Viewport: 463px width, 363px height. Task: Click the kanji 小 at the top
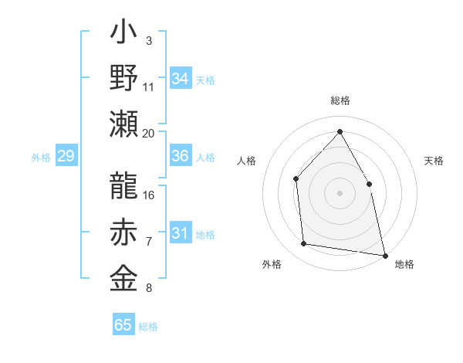[x=124, y=36]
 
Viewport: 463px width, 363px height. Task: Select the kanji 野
[x=124, y=78]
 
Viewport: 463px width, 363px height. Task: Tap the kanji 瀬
[x=124, y=124]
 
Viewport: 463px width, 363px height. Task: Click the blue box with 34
[x=181, y=79]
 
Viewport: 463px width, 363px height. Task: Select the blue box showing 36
[x=181, y=156]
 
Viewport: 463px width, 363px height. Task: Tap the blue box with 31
[x=181, y=234]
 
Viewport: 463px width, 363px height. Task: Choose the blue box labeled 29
[x=66, y=157]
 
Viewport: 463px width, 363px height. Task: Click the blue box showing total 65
[x=123, y=325]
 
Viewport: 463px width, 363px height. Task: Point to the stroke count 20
[x=149, y=133]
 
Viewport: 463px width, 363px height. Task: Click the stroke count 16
[x=149, y=195]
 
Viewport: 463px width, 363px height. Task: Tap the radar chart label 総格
[x=340, y=101]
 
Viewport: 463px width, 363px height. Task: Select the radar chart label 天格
[x=434, y=161]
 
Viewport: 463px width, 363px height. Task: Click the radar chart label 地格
[x=404, y=264]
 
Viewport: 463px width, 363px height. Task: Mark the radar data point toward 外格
[x=304, y=244]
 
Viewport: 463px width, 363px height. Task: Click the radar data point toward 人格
[x=296, y=179]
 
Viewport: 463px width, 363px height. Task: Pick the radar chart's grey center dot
[x=340, y=192]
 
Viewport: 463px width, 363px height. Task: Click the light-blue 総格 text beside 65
[x=148, y=327]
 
